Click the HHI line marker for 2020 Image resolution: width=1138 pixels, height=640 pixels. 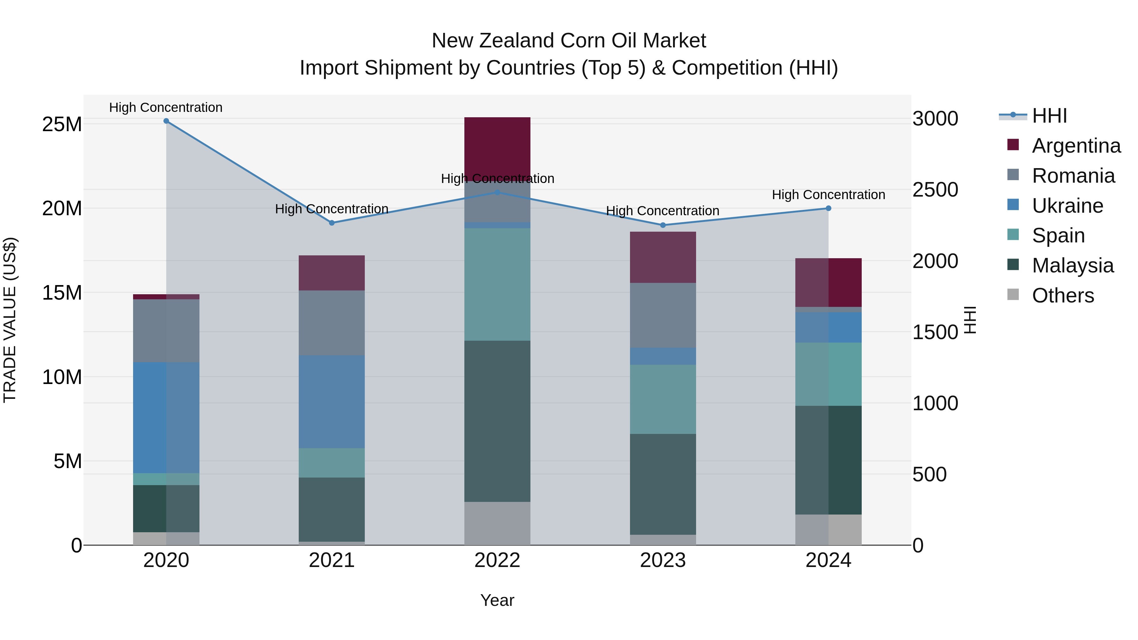tap(166, 121)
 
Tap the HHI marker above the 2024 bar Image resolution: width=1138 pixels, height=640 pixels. tap(828, 209)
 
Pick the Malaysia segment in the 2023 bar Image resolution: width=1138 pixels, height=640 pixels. tap(663, 484)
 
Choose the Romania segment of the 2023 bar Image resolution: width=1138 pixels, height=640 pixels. tap(663, 315)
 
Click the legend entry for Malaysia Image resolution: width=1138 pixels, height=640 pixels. tap(1073, 265)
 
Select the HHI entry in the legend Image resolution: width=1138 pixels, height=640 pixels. tap(1049, 116)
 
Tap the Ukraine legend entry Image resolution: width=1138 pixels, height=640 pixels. tap(1067, 206)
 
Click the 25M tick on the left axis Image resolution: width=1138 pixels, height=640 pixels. tap(62, 125)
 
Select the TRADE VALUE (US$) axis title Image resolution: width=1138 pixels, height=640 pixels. tap(10, 320)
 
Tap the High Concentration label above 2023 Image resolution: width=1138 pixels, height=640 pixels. tap(662, 211)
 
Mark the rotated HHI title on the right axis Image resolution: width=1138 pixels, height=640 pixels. tap(970, 320)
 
